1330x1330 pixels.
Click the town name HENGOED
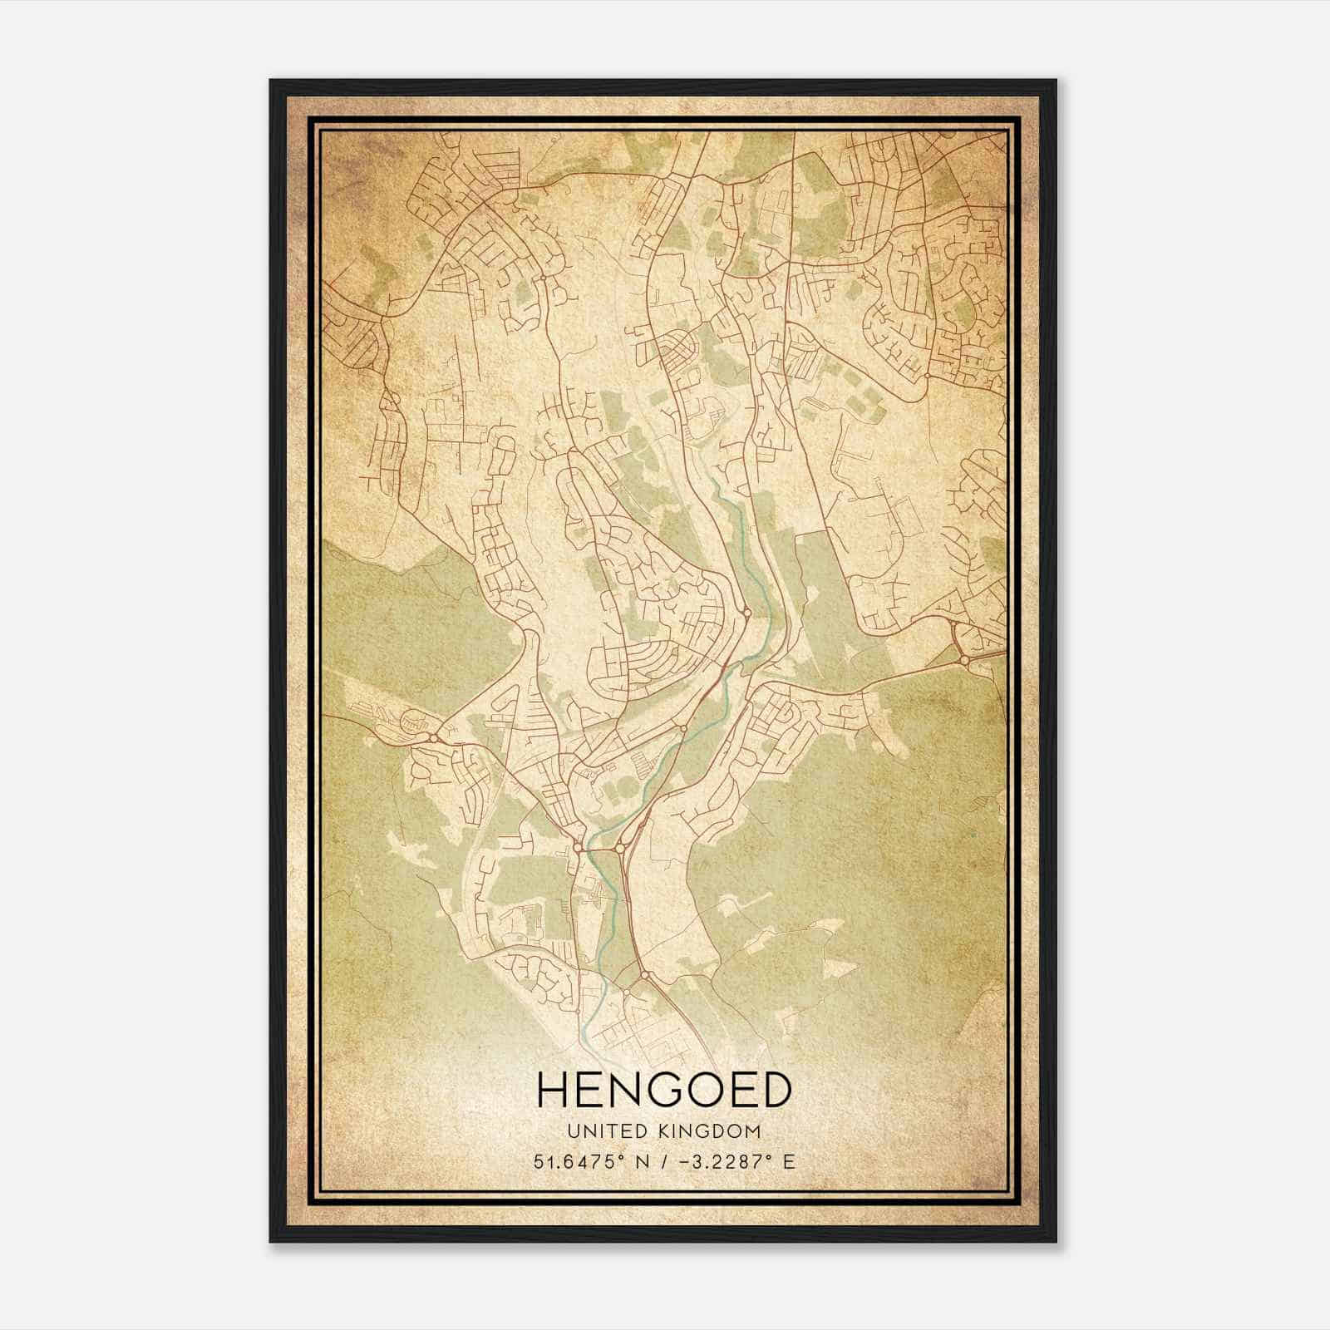coord(664,1090)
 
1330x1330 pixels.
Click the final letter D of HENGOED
coord(772,1090)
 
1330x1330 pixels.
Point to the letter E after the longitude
coord(789,1161)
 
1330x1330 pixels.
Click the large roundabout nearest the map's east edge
coord(963,660)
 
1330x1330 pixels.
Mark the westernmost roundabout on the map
coord(433,736)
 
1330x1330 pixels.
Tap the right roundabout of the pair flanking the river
coord(620,849)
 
